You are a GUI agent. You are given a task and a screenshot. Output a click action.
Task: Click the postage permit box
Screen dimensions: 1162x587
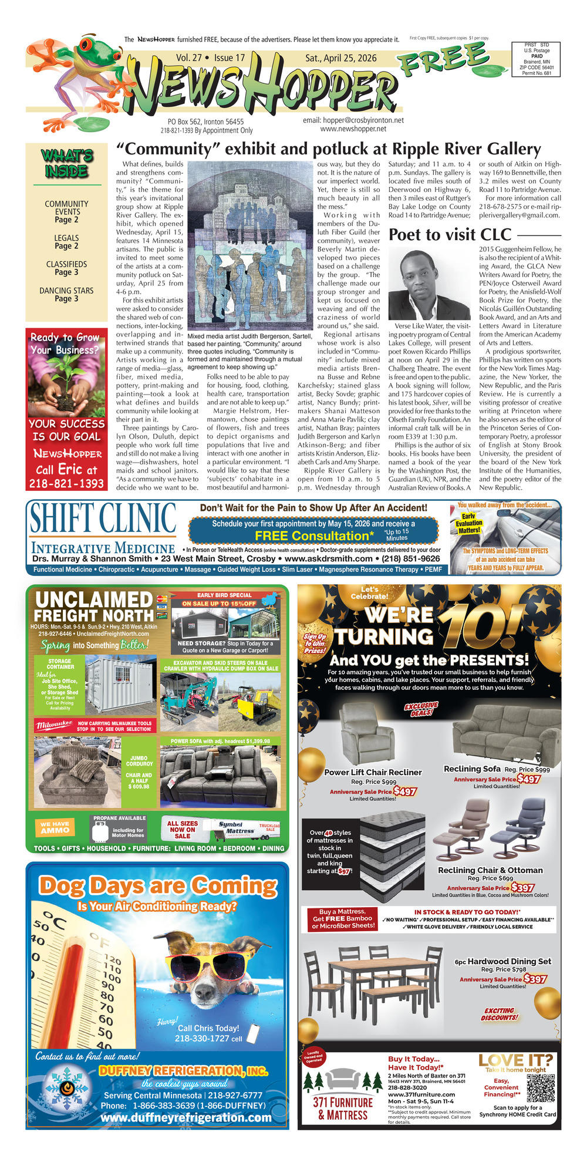click(535, 59)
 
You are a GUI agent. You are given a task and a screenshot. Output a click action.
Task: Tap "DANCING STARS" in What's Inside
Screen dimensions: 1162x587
click(66, 291)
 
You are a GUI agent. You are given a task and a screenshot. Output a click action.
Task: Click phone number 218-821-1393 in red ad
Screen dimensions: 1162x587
click(66, 483)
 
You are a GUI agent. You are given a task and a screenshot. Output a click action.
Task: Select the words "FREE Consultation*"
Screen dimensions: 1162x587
click(314, 535)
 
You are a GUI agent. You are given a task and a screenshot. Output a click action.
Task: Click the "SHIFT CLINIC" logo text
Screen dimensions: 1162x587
click(103, 518)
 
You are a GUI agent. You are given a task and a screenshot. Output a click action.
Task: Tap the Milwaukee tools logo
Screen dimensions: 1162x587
click(54, 725)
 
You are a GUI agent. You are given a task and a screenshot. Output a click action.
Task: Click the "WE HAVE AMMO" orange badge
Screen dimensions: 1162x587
click(55, 827)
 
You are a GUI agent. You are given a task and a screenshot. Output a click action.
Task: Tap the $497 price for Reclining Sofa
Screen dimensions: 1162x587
click(528, 779)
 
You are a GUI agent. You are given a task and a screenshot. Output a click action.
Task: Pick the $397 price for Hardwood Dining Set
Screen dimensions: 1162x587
click(535, 979)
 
